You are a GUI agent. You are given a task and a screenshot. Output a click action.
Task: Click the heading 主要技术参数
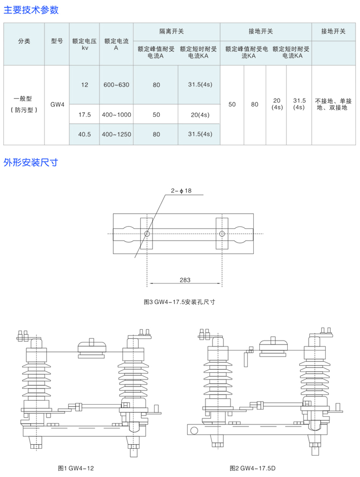tap(31, 10)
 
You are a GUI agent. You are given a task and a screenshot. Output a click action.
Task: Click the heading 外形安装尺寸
tap(31, 162)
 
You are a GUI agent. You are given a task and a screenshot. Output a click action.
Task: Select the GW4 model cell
tap(57, 105)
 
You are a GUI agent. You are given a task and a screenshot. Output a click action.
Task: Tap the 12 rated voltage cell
tap(85, 85)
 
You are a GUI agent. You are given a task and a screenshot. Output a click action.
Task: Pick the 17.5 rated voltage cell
tap(85, 115)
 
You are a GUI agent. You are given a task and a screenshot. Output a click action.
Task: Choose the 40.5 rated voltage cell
tap(84, 134)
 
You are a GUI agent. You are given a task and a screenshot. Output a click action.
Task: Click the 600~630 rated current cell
tap(116, 85)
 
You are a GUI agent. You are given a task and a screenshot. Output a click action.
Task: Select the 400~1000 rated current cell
tap(116, 115)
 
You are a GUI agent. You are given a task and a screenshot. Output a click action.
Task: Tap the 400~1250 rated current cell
tap(116, 134)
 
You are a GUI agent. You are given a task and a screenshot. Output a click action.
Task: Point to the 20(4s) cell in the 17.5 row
tap(200, 115)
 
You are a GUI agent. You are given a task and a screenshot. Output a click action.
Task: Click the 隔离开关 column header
tap(172, 31)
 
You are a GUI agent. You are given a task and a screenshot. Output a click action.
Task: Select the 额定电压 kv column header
tap(84, 44)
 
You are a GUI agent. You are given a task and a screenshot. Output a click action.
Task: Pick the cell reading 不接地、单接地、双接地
tap(333, 104)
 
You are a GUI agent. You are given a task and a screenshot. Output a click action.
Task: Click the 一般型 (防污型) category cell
tap(24, 104)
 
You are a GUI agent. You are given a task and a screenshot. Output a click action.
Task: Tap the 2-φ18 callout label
tap(181, 191)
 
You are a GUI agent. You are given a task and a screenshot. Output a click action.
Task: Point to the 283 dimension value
tap(185, 280)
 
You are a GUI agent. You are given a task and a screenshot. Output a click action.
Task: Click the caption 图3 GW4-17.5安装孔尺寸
tap(180, 302)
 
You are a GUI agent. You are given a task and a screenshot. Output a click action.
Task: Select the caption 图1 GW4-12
tap(76, 468)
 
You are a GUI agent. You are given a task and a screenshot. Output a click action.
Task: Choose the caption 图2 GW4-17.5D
tap(252, 468)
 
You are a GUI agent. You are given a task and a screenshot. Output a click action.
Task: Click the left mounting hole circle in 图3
tap(147, 234)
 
